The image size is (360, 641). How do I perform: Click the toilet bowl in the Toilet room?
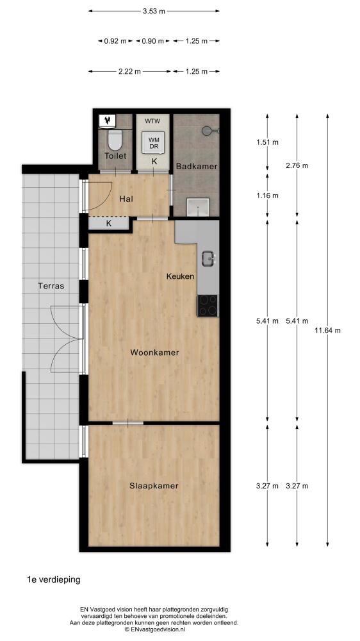tap(115, 140)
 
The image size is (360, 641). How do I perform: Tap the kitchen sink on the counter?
tap(208, 258)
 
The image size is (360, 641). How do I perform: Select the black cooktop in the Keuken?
tap(208, 305)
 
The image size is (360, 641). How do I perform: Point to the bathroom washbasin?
tap(198, 207)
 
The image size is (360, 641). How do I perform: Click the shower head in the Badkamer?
tap(210, 130)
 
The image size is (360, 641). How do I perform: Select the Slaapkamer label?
tap(154, 486)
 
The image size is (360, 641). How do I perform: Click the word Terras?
tap(51, 286)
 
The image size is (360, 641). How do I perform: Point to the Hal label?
tap(125, 199)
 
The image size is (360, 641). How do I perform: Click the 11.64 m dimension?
tap(327, 330)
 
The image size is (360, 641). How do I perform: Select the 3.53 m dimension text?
tap(154, 12)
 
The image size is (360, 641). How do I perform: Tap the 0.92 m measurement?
tap(115, 41)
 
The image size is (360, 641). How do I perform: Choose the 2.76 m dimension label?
tap(297, 165)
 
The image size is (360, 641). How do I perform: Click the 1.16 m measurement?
tap(267, 196)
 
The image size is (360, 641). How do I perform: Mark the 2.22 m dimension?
tap(129, 72)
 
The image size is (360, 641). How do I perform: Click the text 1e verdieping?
tap(54, 579)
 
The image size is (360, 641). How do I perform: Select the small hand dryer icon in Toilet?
tap(108, 121)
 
